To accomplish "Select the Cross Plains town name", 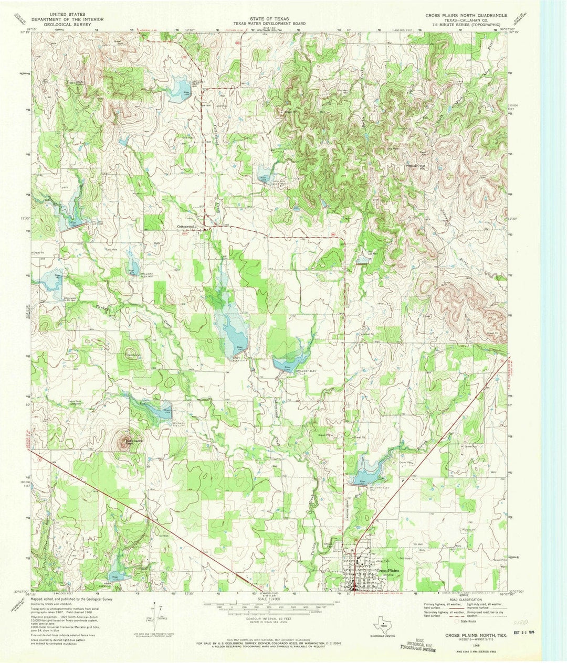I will (388, 571).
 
